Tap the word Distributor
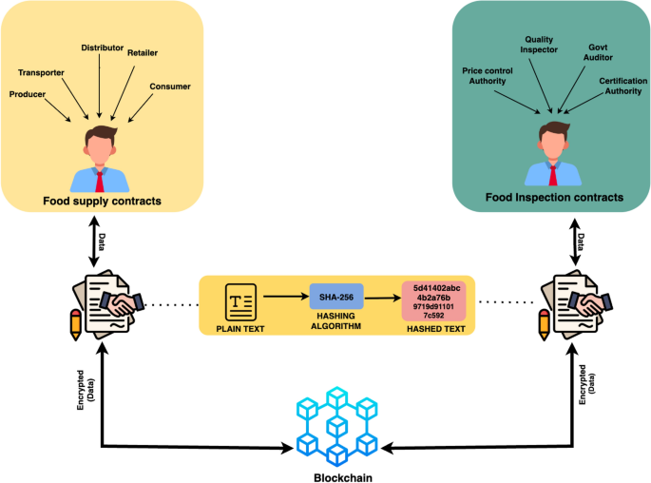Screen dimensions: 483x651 pyautogui.click(x=104, y=47)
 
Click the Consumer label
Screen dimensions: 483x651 pyautogui.click(x=170, y=87)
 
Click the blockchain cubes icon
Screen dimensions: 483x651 pyautogui.click(x=336, y=422)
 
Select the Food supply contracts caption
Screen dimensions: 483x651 pyautogui.click(x=101, y=201)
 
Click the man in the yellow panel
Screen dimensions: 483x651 pyautogui.click(x=101, y=158)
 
